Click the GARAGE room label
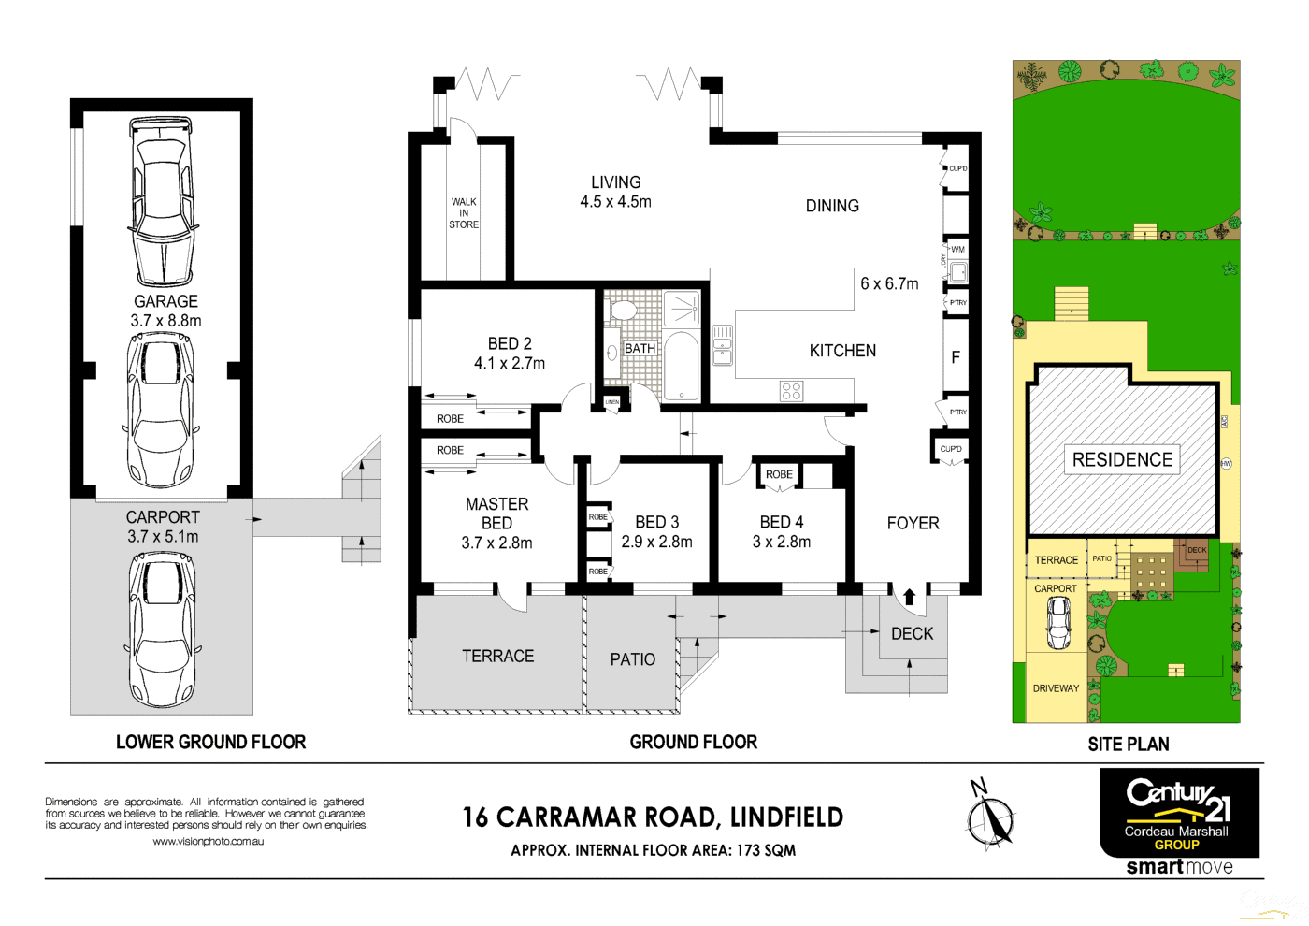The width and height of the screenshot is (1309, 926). pos(165,301)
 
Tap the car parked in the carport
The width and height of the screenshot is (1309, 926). pos(163,629)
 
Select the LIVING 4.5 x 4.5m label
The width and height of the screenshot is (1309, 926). pos(615,192)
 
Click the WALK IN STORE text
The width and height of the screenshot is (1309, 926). pos(464,213)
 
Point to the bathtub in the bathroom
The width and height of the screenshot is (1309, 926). pos(682,367)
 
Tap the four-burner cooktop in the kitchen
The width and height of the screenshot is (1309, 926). pos(791,391)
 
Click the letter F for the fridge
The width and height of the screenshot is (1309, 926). pos(956,357)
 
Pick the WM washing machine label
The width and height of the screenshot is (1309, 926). pos(957,250)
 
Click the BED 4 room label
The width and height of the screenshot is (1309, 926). pos(782,522)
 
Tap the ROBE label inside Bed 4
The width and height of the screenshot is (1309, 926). pos(779,474)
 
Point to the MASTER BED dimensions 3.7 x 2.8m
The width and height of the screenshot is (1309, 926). pos(496,543)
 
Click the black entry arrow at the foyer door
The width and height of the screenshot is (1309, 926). pos(909,597)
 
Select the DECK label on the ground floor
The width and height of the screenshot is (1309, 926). pos(912,634)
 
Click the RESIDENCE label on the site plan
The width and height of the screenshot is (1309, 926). pos(1122,459)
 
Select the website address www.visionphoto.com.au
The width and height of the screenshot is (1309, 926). pos(208,841)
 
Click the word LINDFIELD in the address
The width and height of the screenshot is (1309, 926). pos(786,817)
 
